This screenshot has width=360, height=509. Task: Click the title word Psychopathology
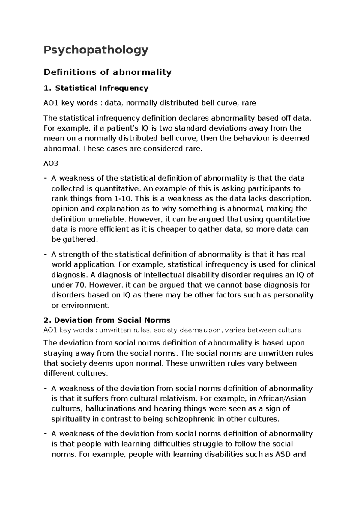coord(96,50)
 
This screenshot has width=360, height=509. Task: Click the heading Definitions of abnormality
coord(107,72)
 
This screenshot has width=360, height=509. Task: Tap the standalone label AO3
coord(51,163)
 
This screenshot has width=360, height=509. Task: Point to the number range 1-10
coord(124,199)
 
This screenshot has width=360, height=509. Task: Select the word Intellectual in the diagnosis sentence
coord(164,275)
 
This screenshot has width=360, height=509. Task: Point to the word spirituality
coord(71,419)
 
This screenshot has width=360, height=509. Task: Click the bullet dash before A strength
coord(45,254)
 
